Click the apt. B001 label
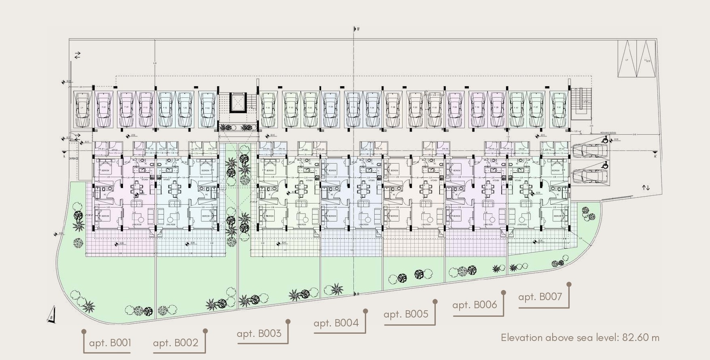[110, 343]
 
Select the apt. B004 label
[336, 323]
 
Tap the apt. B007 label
[540, 297]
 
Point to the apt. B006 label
[475, 305]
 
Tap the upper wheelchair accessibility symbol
[605, 140]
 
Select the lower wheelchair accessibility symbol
[605, 165]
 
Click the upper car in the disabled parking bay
[590, 150]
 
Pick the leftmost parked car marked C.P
[83, 109]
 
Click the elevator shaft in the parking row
[238, 103]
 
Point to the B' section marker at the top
[358, 29]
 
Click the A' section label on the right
[655, 156]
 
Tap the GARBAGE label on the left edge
[74, 159]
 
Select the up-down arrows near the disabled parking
[646, 188]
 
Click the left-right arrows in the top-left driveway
[77, 55]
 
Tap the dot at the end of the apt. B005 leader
[435, 301]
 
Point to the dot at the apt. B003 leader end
[288, 322]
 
